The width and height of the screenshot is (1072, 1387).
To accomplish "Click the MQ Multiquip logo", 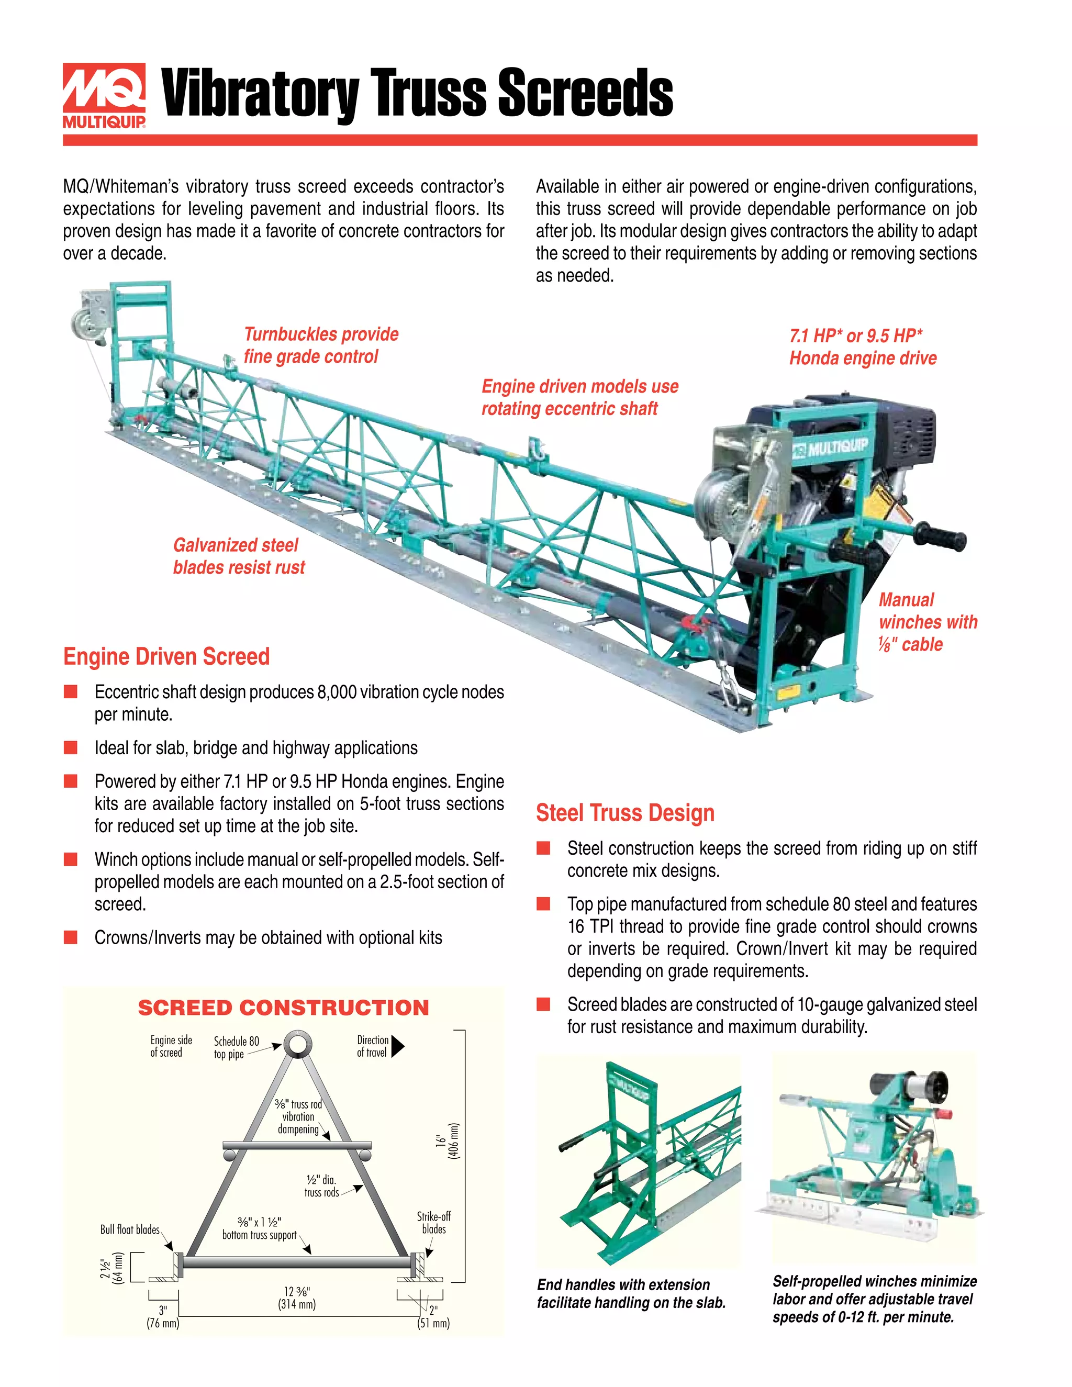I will pyautogui.click(x=104, y=95).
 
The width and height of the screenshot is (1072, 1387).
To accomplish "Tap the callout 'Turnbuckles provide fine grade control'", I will pyautogui.click(x=321, y=345).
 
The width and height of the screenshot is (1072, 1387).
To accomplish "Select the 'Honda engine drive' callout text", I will pyautogui.click(x=863, y=358).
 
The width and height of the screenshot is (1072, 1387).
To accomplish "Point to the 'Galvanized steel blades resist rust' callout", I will pyautogui.click(x=239, y=556).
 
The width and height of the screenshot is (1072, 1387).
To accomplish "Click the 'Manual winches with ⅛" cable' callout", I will pyautogui.click(x=926, y=622).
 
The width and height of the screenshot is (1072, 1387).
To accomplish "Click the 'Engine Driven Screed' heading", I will pyautogui.click(x=166, y=656).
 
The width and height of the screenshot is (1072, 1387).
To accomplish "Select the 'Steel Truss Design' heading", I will pyautogui.click(x=625, y=812).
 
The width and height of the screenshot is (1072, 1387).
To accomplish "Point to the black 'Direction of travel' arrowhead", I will pyautogui.click(x=398, y=1046).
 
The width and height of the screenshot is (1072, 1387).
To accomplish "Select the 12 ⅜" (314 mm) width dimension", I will pyautogui.click(x=297, y=1298).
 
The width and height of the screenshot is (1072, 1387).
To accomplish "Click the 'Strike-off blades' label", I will pyautogui.click(x=434, y=1223).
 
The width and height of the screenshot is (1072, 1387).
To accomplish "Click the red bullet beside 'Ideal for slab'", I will pyautogui.click(x=71, y=747).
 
